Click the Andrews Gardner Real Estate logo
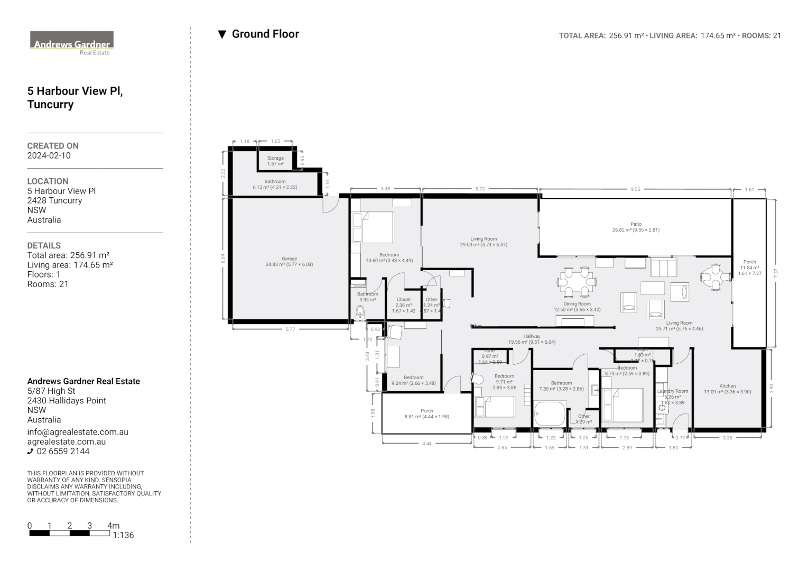(x=72, y=43)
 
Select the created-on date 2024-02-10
(x=49, y=155)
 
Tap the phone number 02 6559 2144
(x=62, y=451)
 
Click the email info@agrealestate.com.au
(x=78, y=432)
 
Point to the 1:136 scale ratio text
(x=123, y=535)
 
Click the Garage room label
(x=289, y=259)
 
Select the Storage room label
(x=275, y=158)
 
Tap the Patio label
(x=636, y=224)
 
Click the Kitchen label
(x=727, y=386)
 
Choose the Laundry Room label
(x=673, y=391)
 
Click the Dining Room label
(x=577, y=304)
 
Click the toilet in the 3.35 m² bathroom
(x=360, y=311)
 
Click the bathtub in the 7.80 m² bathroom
(x=550, y=413)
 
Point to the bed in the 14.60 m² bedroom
(x=373, y=227)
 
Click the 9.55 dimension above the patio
(x=635, y=189)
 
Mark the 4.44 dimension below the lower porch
(x=426, y=444)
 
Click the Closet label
(x=404, y=299)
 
